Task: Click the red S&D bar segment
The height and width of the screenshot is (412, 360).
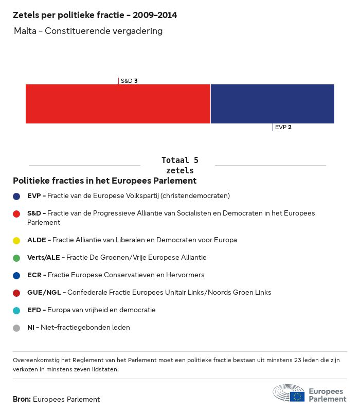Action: tap(118, 104)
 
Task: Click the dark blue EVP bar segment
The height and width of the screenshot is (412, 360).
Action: tap(272, 104)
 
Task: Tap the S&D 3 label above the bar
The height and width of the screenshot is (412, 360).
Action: tap(129, 81)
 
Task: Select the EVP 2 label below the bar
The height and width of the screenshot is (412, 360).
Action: tap(283, 127)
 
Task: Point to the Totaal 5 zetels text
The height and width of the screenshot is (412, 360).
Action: tap(179, 165)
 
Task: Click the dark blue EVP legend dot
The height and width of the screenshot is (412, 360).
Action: tap(16, 196)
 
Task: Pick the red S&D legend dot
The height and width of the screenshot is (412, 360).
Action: tap(16, 213)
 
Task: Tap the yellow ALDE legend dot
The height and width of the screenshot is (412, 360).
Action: tap(16, 240)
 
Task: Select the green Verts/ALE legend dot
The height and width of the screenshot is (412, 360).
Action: tap(16, 258)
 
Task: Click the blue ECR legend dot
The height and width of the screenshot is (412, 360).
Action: tap(16, 275)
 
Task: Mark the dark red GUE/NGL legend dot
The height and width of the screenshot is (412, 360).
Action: tap(16, 293)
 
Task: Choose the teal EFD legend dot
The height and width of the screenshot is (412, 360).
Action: tap(16, 310)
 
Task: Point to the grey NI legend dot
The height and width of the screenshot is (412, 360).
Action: tap(16, 328)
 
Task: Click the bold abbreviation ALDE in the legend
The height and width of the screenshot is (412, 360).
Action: tap(37, 240)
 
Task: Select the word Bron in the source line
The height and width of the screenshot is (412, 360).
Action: tap(21, 399)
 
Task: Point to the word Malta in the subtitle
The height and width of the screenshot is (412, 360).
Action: tap(27, 31)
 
